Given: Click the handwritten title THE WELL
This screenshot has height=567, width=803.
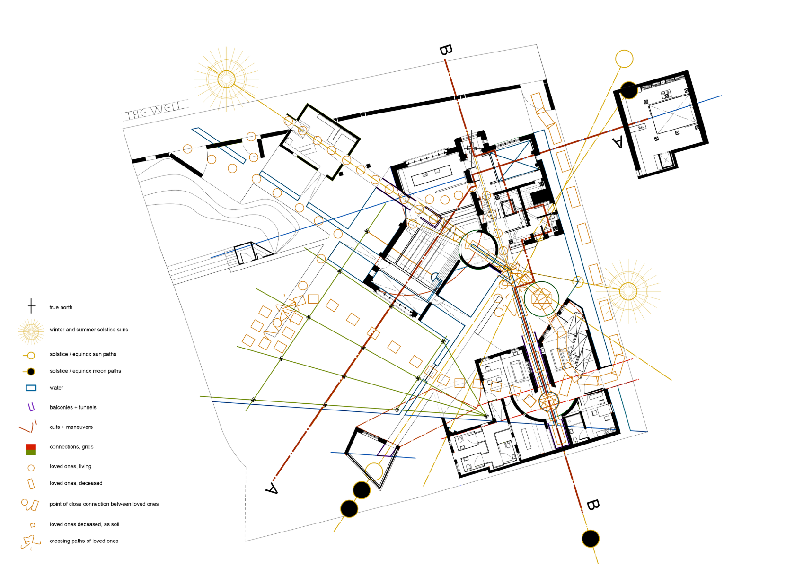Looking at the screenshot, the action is (155, 110).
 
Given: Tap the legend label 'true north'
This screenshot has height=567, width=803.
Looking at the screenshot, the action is (61, 307).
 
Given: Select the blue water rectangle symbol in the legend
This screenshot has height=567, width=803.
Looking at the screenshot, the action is (31, 388).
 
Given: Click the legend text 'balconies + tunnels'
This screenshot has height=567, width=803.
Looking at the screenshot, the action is (73, 407).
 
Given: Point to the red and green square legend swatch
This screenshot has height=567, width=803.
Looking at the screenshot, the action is (31, 450).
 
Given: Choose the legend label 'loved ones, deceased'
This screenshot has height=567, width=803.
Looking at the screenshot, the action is (76, 483).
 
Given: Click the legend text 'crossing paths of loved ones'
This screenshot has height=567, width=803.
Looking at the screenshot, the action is (84, 541).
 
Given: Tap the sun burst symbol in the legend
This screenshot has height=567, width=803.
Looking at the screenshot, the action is (31, 331).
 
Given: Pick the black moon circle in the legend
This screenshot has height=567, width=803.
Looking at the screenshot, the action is (31, 372).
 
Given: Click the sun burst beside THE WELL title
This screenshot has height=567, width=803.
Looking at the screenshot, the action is (226, 79).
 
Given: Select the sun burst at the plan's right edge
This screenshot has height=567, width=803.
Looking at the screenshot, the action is (628, 291).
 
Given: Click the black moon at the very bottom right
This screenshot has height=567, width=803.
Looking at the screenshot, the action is (591, 538).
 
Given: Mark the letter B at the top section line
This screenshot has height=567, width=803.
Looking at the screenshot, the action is (446, 50).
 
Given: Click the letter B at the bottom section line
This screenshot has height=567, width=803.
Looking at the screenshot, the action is (593, 505).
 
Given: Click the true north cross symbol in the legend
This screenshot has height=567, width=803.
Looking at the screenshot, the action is (32, 306).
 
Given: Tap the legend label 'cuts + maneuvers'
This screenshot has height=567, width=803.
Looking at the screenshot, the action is (71, 427).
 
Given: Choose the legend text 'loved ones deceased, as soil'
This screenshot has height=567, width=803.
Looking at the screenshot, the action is (85, 524).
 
